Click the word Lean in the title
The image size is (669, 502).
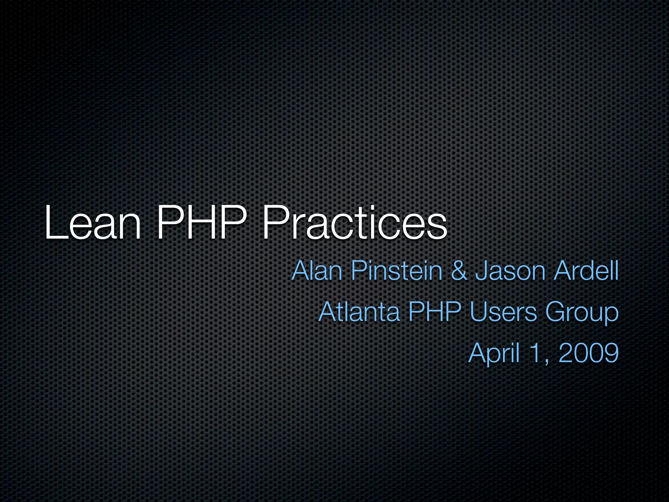pos(93,223)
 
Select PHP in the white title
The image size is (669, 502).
pos(201,223)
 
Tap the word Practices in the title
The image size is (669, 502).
pos(354,223)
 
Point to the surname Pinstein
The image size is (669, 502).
pos(397,271)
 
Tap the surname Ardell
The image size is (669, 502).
pos(586,271)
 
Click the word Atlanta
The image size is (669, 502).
pos(359,312)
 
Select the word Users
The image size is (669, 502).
pos(503,312)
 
